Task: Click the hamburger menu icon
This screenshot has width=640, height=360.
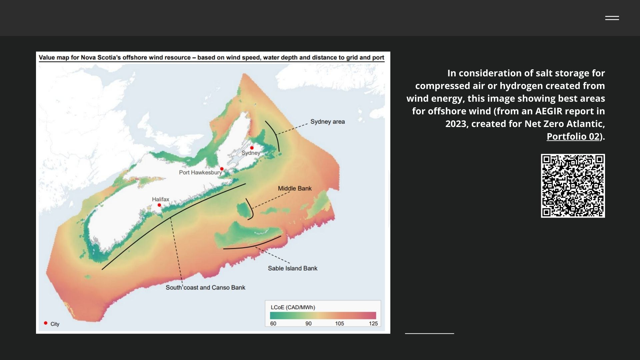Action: (x=612, y=18)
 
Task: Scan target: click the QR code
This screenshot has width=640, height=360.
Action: (x=573, y=186)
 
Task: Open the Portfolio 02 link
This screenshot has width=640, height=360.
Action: (x=573, y=136)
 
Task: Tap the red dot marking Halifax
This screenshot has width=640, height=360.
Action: (x=159, y=205)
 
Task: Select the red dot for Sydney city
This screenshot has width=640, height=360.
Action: (x=252, y=148)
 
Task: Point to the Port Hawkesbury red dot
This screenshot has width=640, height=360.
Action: (x=222, y=169)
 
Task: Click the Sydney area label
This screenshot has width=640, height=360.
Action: (x=327, y=122)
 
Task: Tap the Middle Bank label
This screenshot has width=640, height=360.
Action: (x=295, y=188)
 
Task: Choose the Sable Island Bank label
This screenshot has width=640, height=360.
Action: (x=293, y=268)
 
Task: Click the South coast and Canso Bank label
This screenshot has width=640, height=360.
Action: (x=205, y=287)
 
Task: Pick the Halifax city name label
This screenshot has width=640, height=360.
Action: (x=160, y=199)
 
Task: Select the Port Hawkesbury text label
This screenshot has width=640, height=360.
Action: (x=200, y=172)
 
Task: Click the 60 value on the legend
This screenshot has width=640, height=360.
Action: (x=273, y=324)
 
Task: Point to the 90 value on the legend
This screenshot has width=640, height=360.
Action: (x=308, y=324)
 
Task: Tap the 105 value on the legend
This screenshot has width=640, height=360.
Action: (x=339, y=324)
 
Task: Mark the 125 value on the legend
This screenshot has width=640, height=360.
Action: (x=373, y=324)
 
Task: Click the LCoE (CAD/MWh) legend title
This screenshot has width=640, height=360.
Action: (x=293, y=307)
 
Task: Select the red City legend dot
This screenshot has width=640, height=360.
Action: (x=46, y=323)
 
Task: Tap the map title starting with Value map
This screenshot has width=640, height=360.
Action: (x=211, y=57)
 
